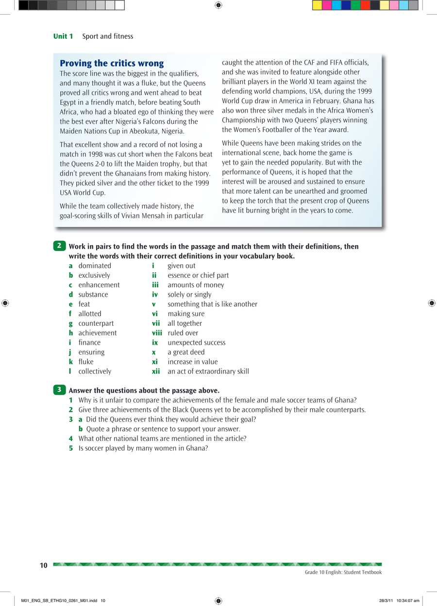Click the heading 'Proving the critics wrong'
pos(112,64)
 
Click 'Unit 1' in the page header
pos(63,36)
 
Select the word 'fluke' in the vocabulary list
pos(86,362)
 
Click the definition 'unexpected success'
pos(196,342)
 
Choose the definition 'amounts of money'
pos(196,285)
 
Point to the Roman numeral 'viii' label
pos(157,333)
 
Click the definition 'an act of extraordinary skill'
pos(208,371)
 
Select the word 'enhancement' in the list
pos(99,285)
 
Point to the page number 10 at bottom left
pos(44,565)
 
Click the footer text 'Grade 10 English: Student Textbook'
pos(343,572)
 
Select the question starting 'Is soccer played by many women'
pos(143,448)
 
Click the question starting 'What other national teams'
pos(162,438)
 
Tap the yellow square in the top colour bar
pos(317,5)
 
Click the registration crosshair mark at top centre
pos(218,5)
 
